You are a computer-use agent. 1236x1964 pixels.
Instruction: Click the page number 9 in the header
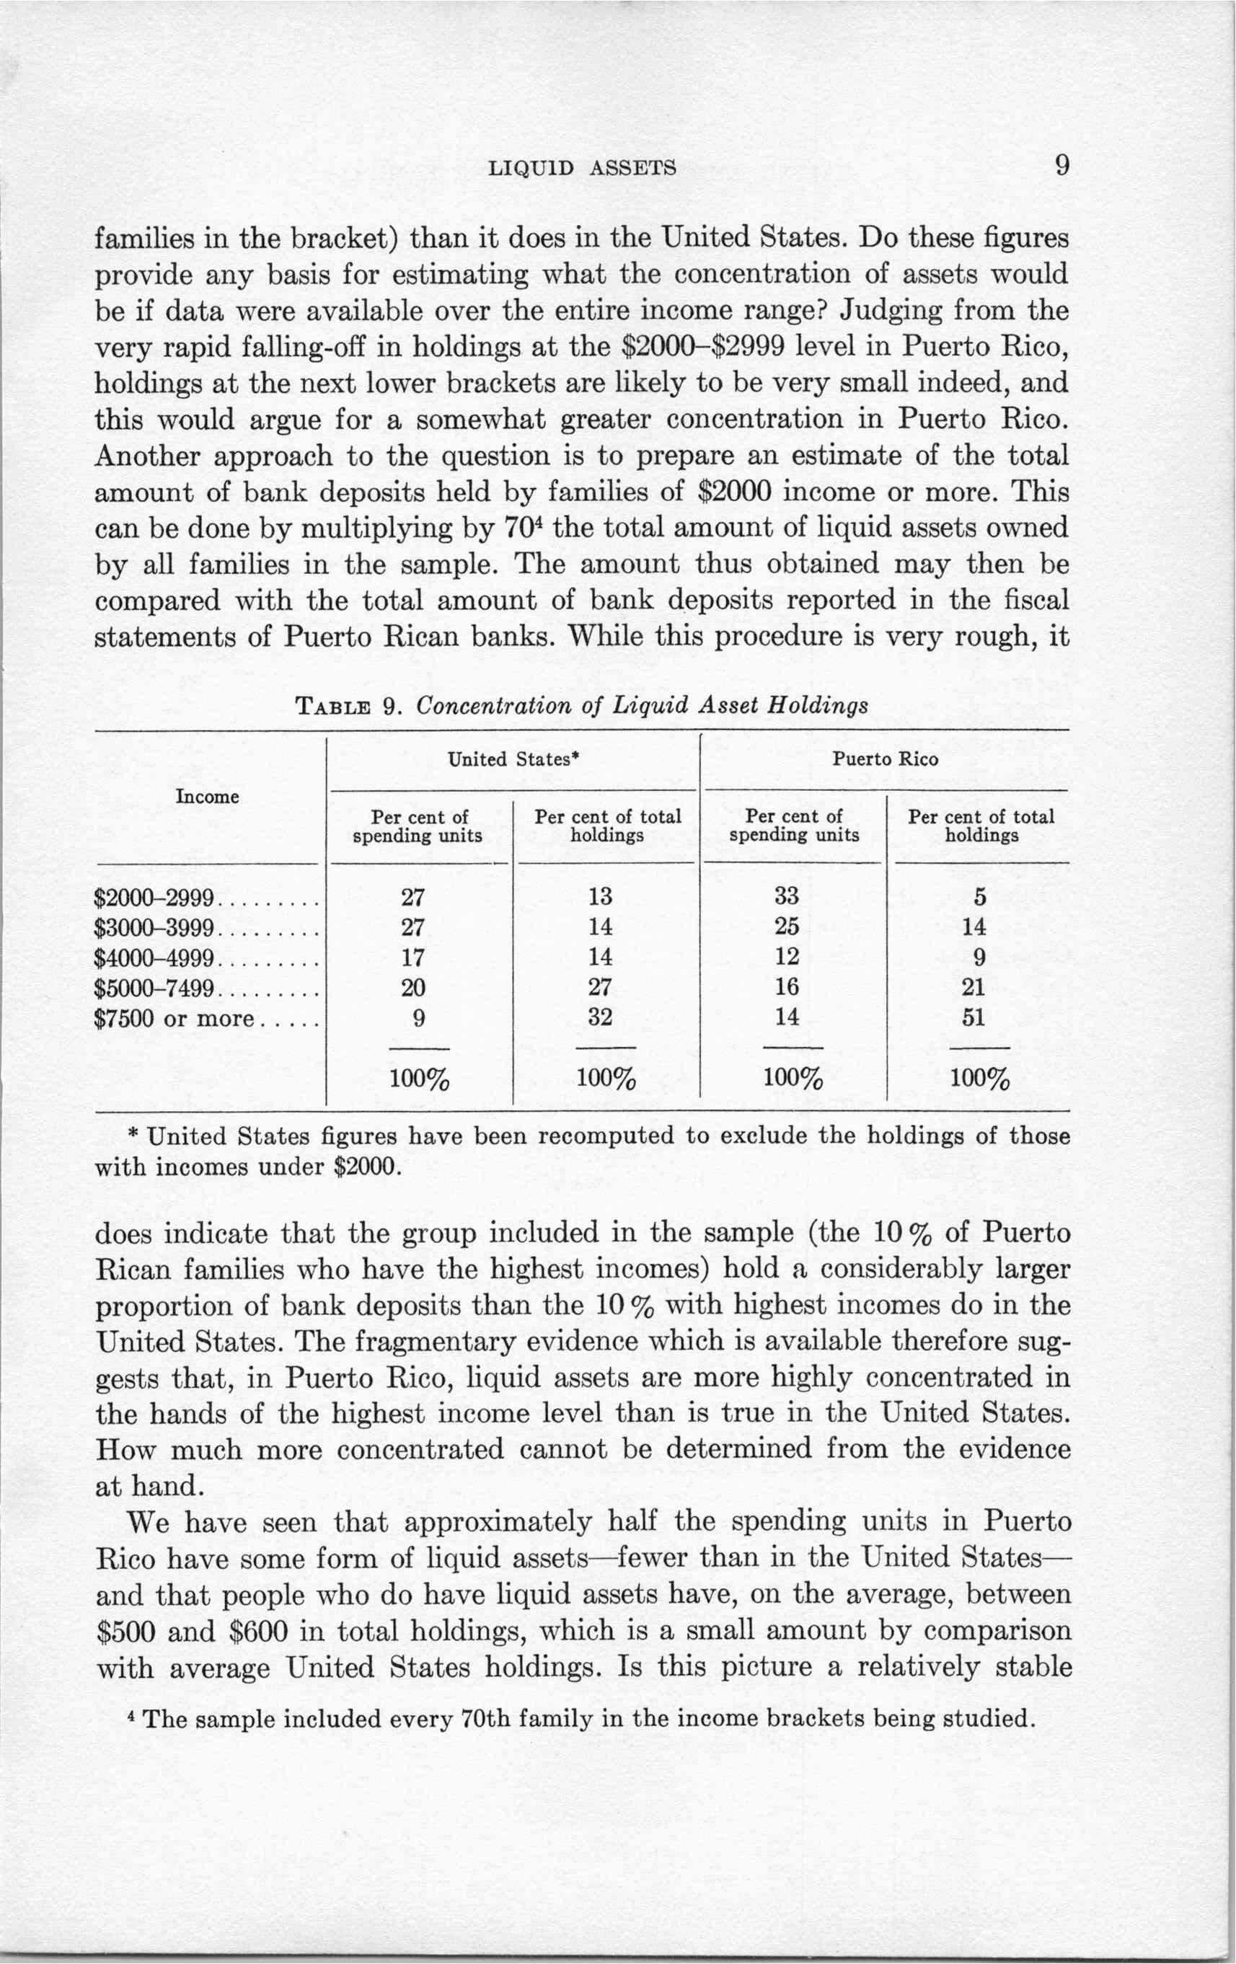click(1061, 166)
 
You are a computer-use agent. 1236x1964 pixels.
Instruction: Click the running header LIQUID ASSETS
click(582, 168)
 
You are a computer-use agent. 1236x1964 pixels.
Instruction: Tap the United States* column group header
click(514, 759)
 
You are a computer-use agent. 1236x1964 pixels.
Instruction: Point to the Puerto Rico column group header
click(886, 759)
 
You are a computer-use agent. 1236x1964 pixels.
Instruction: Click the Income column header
click(207, 797)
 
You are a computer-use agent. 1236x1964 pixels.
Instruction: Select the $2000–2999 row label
click(154, 898)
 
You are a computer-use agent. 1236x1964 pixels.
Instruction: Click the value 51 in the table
click(979, 1018)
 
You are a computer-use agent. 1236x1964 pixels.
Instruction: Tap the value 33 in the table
click(787, 896)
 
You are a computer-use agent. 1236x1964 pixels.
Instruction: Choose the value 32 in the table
click(600, 1018)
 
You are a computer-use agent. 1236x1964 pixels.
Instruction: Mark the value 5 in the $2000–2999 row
click(980, 897)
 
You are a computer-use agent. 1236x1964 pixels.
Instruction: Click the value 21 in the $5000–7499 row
click(979, 988)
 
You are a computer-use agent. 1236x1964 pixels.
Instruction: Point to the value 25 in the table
click(787, 926)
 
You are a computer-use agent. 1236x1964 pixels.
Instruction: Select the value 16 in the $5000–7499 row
click(787, 988)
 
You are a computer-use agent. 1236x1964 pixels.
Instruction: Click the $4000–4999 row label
click(154, 958)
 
